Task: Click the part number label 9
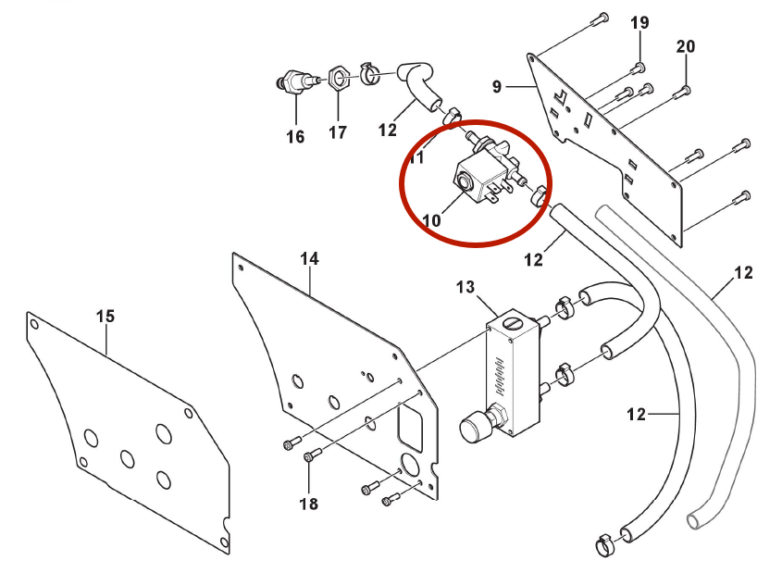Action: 497,87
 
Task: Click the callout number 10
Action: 431,221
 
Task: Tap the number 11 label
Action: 416,158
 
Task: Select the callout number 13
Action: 464,288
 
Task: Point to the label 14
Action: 309,259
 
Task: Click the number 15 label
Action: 106,317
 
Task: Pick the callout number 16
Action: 294,137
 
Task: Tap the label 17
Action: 338,132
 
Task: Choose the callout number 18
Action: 308,504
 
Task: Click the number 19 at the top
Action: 640,22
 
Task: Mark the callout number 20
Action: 686,46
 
